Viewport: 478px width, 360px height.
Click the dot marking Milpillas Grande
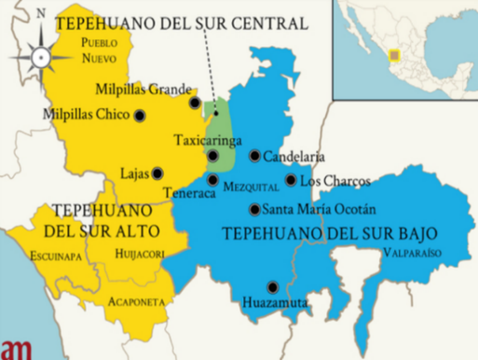(195, 103)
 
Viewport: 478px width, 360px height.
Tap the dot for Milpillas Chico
(140, 116)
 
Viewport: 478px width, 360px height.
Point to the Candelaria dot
(254, 156)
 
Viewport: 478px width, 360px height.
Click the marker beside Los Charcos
(292, 180)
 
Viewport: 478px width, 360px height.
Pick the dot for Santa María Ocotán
(254, 209)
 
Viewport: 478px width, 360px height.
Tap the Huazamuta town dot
(272, 286)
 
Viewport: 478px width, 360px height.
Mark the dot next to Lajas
(157, 173)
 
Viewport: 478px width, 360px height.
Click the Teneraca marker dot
(213, 180)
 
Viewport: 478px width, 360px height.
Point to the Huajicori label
(139, 253)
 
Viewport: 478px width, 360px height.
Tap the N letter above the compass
(41, 15)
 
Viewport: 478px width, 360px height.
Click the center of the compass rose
(41, 56)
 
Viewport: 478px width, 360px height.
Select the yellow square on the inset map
(395, 53)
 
